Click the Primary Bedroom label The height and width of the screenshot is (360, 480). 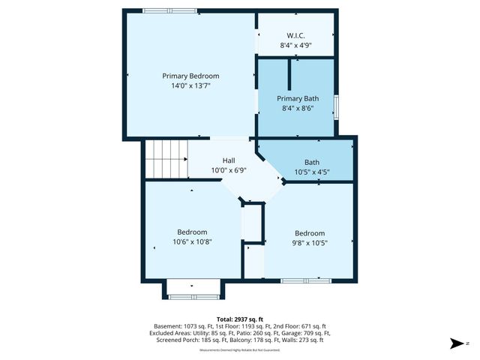click(x=190, y=76)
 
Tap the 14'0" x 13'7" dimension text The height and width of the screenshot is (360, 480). click(x=190, y=85)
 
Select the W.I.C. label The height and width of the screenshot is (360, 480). click(x=295, y=35)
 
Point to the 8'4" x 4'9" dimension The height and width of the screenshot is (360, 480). click(x=295, y=45)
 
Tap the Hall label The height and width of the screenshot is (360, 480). click(x=229, y=160)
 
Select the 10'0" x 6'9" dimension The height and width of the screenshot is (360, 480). click(x=229, y=170)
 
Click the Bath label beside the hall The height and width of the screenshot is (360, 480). click(x=311, y=162)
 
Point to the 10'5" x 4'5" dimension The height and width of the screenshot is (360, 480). click(x=311, y=172)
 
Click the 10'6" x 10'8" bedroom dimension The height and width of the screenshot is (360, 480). click(x=192, y=241)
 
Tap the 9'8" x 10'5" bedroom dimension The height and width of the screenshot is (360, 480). click(x=310, y=242)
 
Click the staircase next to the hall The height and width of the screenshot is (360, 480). click(x=166, y=159)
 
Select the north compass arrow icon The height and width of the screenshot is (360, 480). click(x=455, y=343)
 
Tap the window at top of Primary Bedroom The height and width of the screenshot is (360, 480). click(x=170, y=10)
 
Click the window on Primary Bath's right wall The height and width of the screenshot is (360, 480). click(x=337, y=107)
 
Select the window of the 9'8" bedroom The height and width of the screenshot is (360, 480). click(x=306, y=280)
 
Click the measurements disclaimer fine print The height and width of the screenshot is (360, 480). click(x=239, y=350)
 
